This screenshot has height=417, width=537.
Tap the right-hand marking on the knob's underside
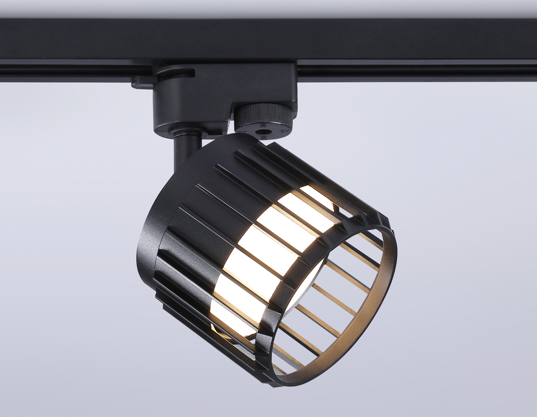[x=284, y=122]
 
